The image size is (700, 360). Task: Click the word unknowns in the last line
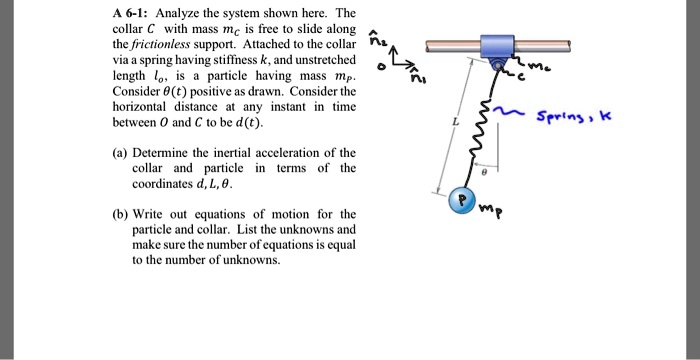pyautogui.click(x=250, y=259)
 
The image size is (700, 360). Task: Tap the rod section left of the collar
pyautogui.click(x=451, y=45)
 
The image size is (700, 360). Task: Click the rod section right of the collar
pyautogui.click(x=544, y=45)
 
